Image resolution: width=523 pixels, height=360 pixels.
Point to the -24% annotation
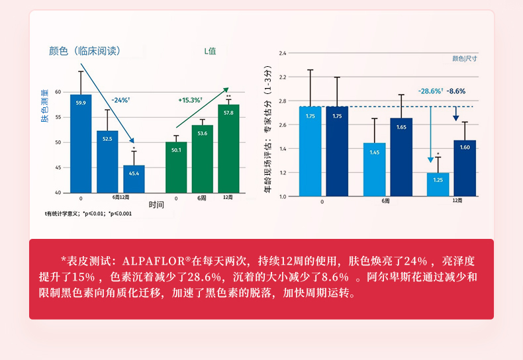(120, 100)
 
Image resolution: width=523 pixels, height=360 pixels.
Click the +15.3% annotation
(190, 100)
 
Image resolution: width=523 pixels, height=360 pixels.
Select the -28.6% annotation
(430, 91)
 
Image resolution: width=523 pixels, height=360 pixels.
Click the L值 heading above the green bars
(210, 51)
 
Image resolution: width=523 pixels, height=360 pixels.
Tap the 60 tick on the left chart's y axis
(58, 92)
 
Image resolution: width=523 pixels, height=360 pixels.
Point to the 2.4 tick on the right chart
(283, 53)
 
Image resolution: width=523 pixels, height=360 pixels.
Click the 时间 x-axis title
(156, 204)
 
